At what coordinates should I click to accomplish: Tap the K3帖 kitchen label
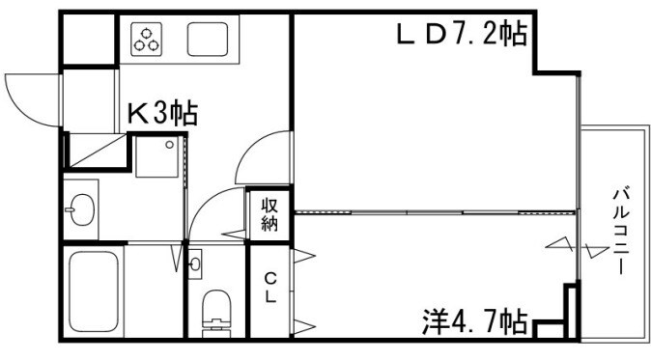(162, 114)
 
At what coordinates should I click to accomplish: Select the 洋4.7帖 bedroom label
(474, 318)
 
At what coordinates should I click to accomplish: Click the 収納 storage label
(269, 213)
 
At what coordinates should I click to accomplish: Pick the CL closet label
(270, 288)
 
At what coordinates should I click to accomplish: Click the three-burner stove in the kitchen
(148, 40)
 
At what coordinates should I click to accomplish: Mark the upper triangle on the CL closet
(305, 255)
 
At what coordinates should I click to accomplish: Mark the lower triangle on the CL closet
(305, 324)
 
